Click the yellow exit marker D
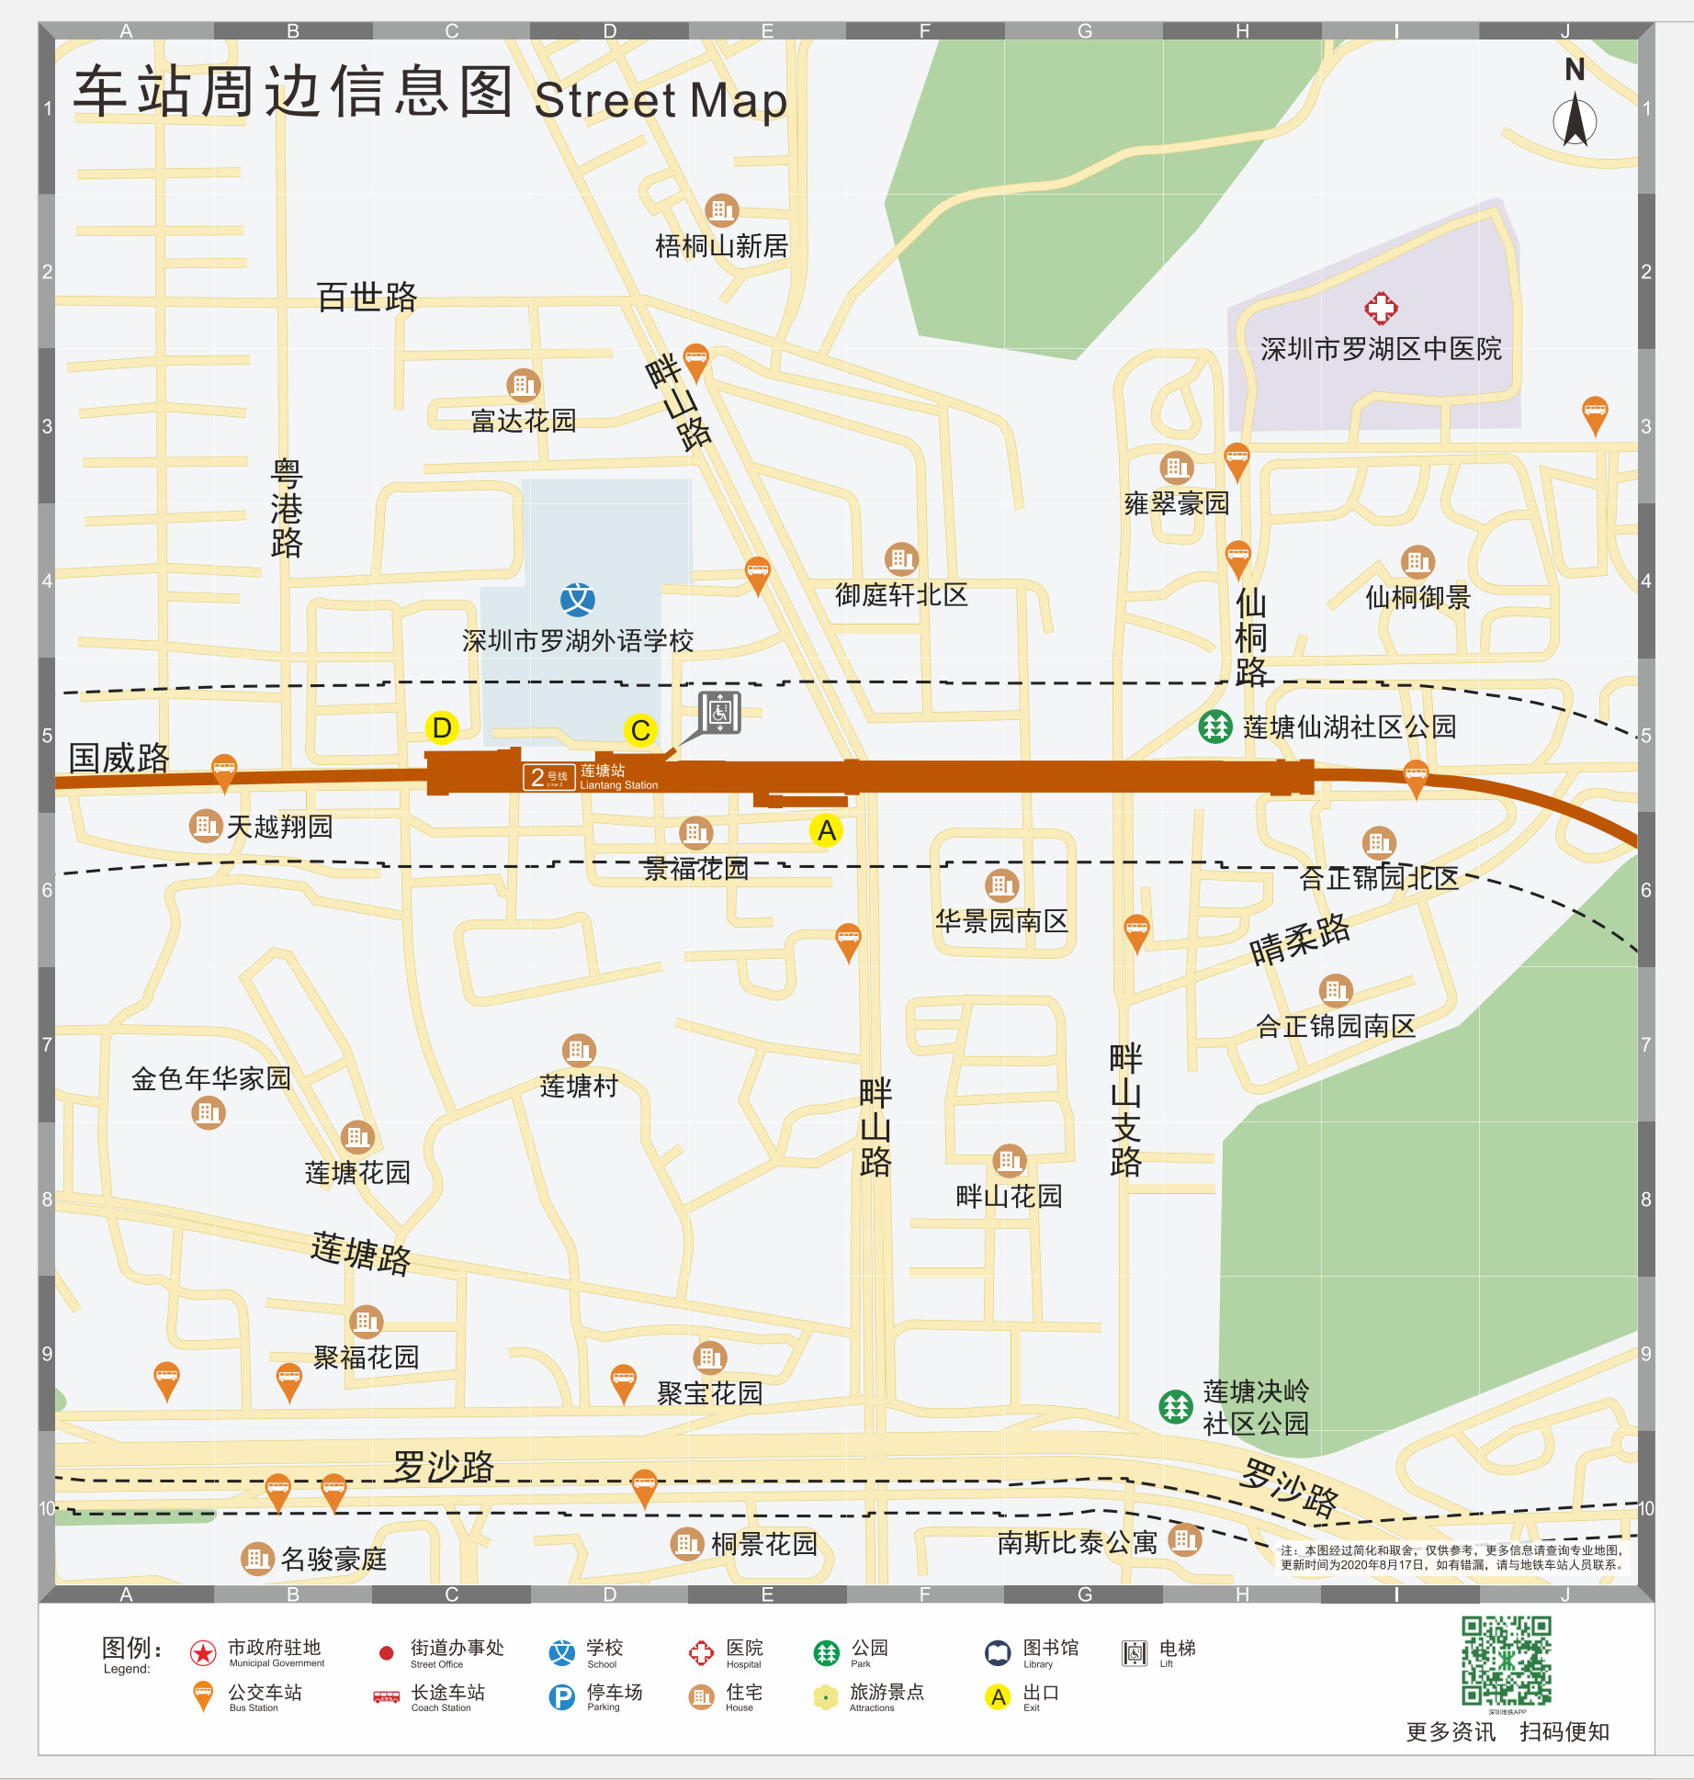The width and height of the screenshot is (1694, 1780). [442, 728]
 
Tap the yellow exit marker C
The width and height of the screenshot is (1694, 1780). [640, 731]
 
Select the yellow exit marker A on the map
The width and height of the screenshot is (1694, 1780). [826, 830]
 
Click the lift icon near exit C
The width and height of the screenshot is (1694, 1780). [719, 713]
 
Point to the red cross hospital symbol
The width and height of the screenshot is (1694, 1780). [1380, 309]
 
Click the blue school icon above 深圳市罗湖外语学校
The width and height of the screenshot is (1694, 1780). [577, 600]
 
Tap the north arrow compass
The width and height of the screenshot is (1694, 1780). [1575, 110]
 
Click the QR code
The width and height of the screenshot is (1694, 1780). [1507, 1661]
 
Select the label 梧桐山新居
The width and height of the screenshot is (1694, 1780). [721, 246]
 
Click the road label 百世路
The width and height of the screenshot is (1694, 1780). [367, 297]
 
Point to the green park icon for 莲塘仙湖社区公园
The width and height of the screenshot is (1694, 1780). [1214, 727]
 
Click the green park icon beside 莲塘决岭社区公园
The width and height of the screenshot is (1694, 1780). [1175, 1406]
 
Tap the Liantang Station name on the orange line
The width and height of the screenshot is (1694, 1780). [617, 777]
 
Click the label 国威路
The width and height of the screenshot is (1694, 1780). [119, 759]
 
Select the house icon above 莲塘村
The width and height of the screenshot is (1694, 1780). [579, 1049]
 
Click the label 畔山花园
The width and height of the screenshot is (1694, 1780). [1009, 1196]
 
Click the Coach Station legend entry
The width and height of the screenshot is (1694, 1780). [429, 1696]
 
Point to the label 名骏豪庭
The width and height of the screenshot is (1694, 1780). [333, 1559]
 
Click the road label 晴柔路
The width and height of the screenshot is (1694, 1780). [1299, 939]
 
